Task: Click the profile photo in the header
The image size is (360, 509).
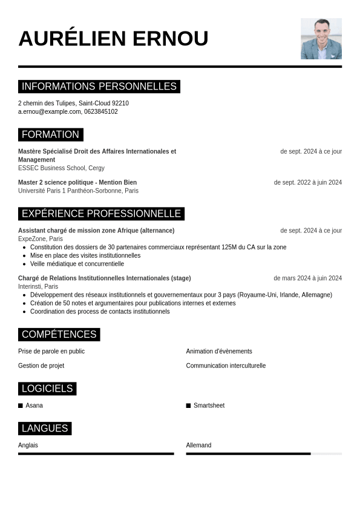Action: [x=321, y=39]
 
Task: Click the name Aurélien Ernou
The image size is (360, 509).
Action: [x=113, y=39]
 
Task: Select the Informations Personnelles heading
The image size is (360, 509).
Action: [x=99, y=87]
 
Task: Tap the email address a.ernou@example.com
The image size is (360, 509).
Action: [x=50, y=112]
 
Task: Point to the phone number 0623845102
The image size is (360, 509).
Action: [x=101, y=112]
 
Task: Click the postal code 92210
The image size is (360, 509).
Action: [x=120, y=103]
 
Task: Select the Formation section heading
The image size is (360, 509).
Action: [x=50, y=134]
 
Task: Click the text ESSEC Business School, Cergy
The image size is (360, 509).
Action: [x=61, y=168]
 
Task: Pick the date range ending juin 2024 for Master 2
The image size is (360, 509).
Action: [x=307, y=182]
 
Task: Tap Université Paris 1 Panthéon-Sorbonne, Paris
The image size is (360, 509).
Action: [x=78, y=191]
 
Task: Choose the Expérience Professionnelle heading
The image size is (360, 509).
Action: [x=101, y=214]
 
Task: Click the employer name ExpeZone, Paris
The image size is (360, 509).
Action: [x=41, y=239]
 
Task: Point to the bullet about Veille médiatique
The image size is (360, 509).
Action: [x=77, y=264]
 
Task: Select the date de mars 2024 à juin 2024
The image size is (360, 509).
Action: [x=307, y=278]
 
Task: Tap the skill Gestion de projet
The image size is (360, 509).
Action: [x=41, y=366]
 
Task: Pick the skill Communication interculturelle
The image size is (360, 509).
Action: [x=226, y=366]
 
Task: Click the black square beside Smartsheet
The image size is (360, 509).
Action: [x=188, y=406]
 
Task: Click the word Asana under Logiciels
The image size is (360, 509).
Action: [x=34, y=406]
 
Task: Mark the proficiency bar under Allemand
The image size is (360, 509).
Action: [x=264, y=453]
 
